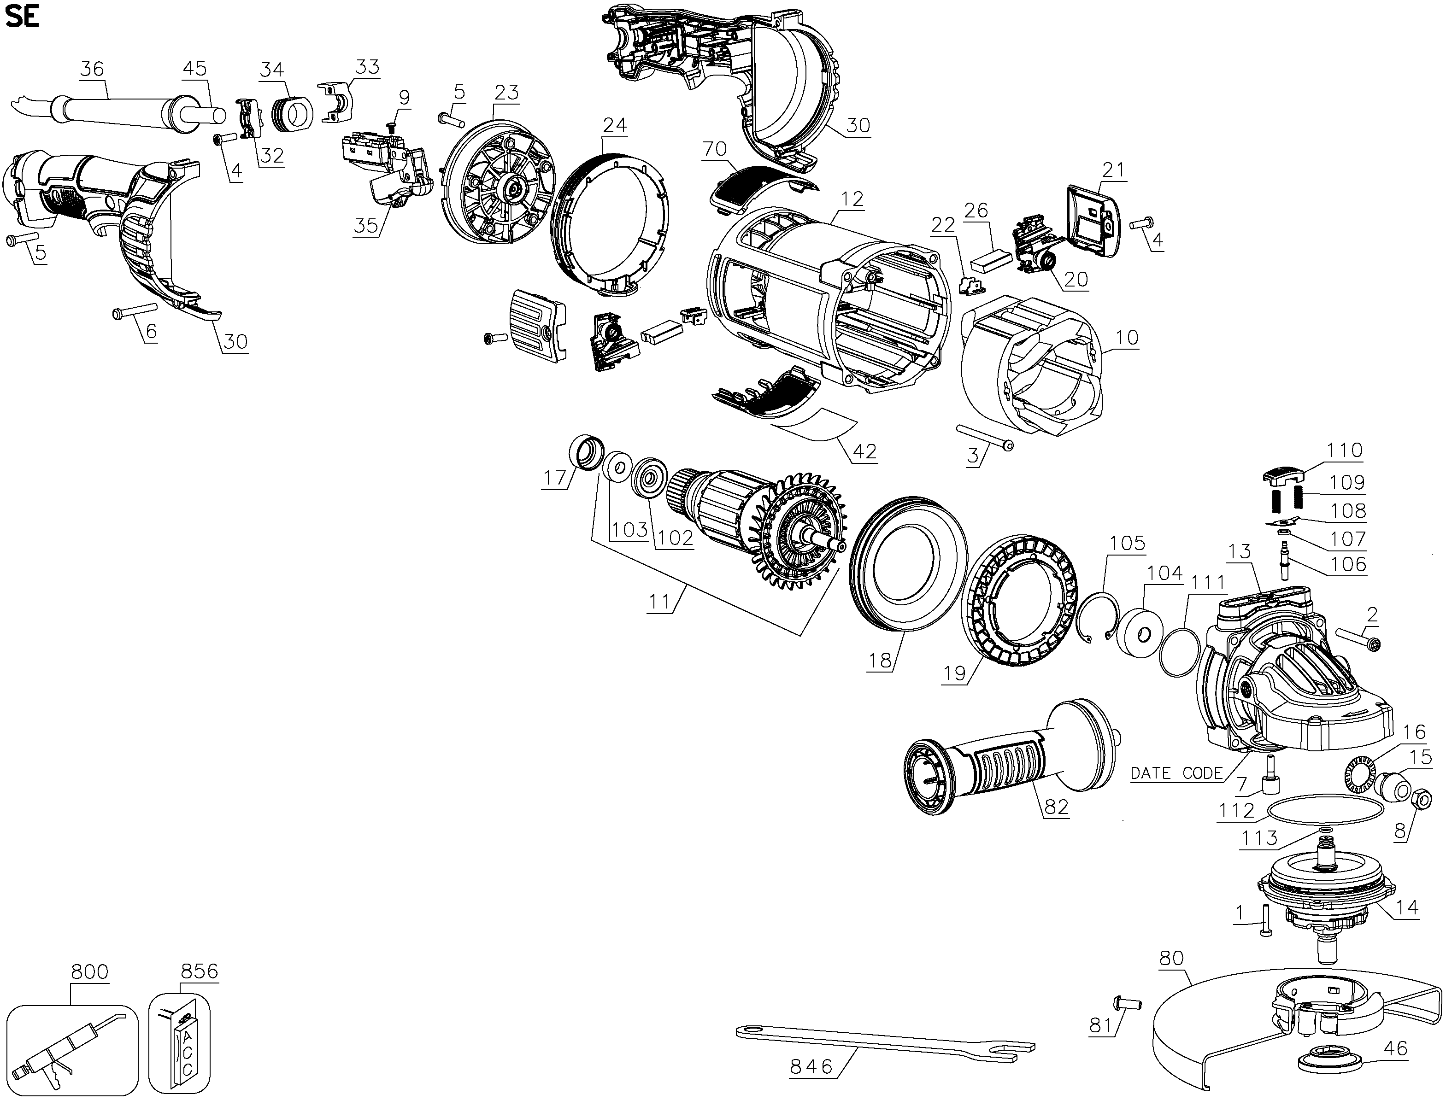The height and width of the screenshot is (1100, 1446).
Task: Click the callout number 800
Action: [90, 971]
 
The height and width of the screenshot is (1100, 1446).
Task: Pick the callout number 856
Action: [199, 971]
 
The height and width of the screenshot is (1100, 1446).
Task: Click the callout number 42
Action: [864, 452]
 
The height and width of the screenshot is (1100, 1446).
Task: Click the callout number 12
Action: [852, 199]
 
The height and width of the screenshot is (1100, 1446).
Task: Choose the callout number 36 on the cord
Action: [92, 69]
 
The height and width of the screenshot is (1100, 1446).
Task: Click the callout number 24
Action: [614, 124]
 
